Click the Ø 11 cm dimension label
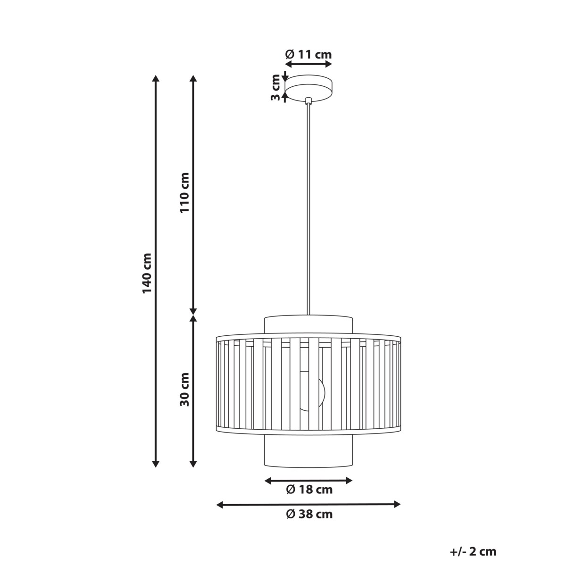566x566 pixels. [x=308, y=54]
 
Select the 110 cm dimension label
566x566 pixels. [x=184, y=192]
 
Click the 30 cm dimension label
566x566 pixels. [x=184, y=389]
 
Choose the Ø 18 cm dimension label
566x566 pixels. [x=309, y=490]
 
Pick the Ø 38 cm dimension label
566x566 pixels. [x=309, y=514]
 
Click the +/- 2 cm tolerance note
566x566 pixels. [x=473, y=551]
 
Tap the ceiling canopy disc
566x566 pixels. [x=309, y=88]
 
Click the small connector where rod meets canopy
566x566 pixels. [x=308, y=100]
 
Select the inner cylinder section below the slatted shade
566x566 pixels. [x=308, y=450]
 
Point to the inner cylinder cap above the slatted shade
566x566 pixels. [x=308, y=325]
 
